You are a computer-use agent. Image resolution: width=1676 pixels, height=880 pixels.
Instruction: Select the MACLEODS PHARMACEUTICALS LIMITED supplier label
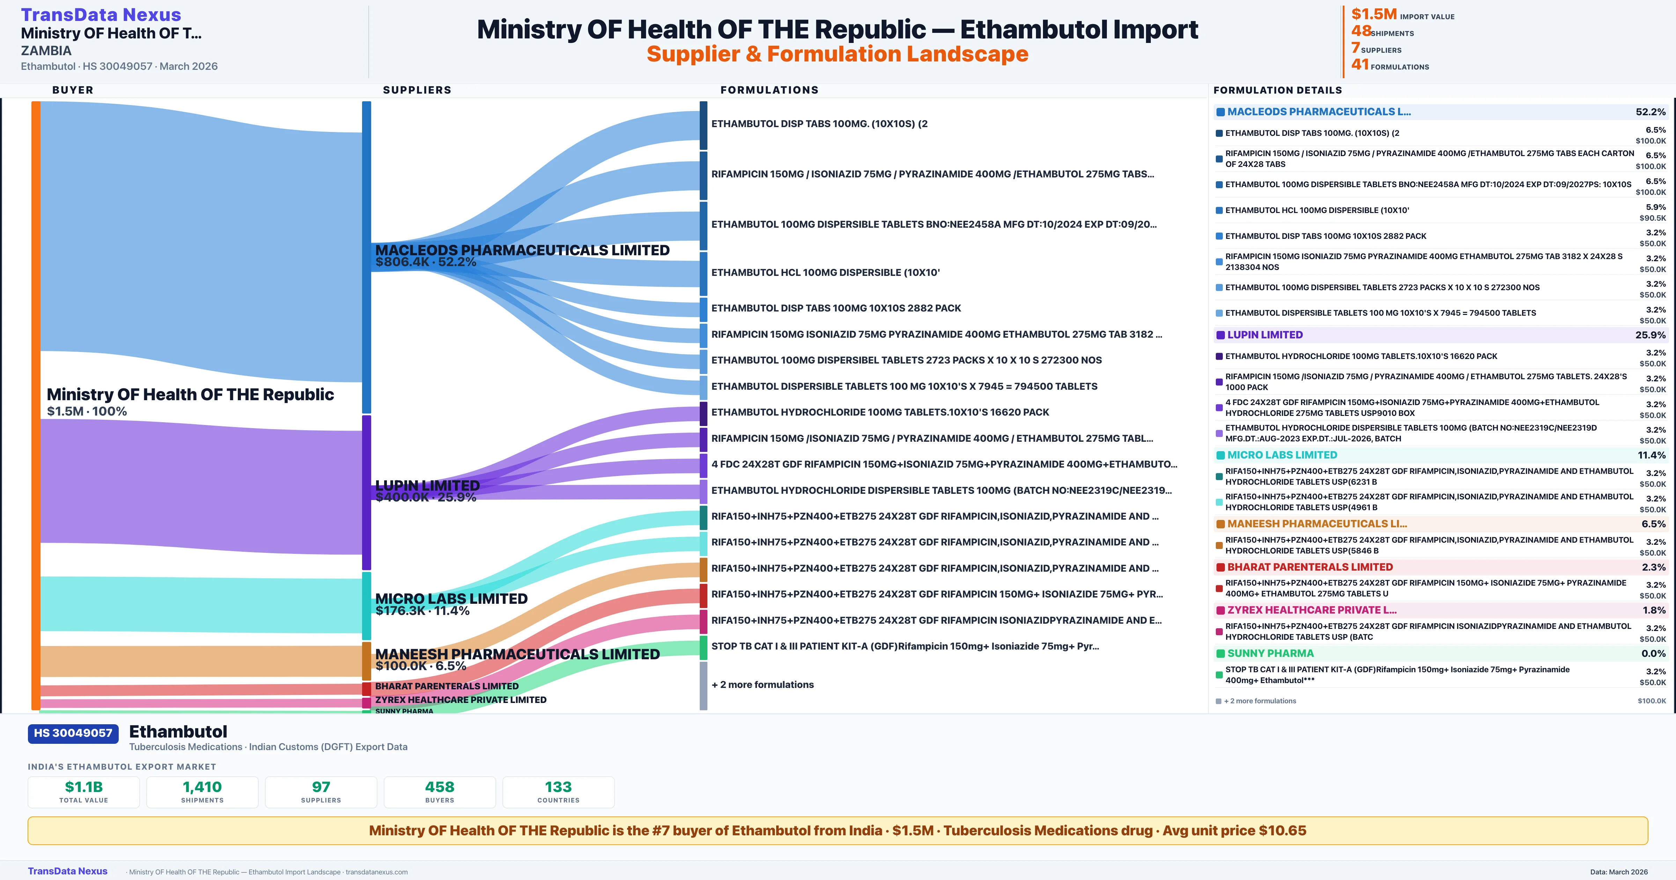pos(522,251)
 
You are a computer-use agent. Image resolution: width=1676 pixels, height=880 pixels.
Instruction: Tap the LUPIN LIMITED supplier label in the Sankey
pos(427,485)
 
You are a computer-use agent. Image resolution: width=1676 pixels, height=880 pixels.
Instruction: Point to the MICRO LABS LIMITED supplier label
pos(451,599)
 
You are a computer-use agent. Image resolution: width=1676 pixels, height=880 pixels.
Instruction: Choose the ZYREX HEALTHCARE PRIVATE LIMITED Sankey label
pos(461,700)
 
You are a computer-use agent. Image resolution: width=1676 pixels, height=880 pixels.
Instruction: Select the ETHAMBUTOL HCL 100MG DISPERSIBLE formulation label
pos(825,273)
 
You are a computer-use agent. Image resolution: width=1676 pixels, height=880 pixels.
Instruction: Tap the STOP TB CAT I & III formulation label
pos(904,646)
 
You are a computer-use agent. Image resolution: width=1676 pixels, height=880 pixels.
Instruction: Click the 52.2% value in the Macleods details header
pos(1650,112)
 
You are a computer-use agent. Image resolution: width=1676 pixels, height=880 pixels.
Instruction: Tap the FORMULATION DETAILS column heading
pos(1277,90)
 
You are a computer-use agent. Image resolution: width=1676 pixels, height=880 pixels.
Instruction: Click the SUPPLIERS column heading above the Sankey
pos(417,90)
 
